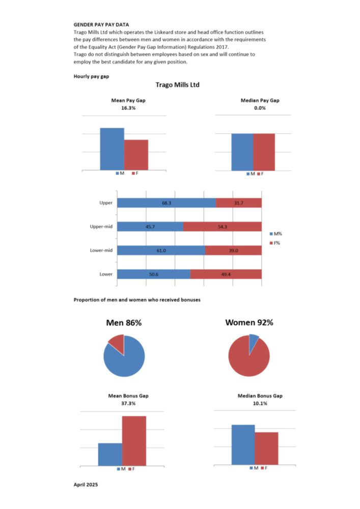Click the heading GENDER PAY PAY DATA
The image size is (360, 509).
pos(101,24)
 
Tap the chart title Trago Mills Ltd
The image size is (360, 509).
pos(178,85)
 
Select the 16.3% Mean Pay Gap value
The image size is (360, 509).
pos(125,108)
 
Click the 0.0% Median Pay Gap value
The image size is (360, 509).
pos(260,108)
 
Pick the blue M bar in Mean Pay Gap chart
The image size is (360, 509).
pos(112,149)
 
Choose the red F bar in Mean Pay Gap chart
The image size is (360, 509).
pos(136,155)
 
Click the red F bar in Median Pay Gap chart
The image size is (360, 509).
pos(264,152)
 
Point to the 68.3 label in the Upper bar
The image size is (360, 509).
pos(167,203)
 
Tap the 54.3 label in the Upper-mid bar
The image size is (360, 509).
pos(223,227)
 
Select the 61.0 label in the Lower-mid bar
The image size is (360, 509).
pos(161,250)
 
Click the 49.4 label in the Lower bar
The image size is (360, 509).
pos(226,274)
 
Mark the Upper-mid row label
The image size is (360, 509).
pos(101,227)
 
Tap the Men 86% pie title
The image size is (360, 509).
pos(124,323)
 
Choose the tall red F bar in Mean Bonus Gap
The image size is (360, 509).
pos(134,441)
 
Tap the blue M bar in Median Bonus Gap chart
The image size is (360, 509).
pos(243,445)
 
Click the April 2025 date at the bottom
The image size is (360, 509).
pos(86,484)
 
